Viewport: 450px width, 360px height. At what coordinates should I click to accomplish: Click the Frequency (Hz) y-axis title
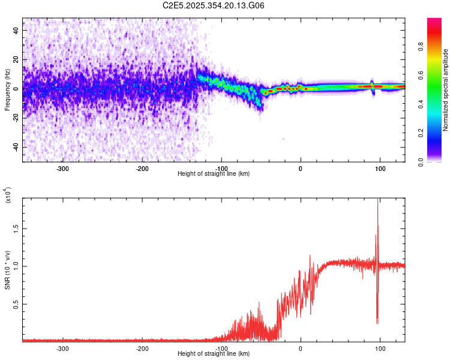pyautogui.click(x=7, y=89)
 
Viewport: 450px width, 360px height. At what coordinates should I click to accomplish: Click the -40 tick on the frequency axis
pyautogui.click(x=16, y=147)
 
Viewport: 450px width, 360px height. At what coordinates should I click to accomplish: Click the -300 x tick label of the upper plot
pyautogui.click(x=62, y=169)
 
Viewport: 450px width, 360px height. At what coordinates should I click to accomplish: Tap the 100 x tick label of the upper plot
pyautogui.click(x=380, y=169)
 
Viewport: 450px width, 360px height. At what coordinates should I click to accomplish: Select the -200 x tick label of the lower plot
pyautogui.click(x=142, y=348)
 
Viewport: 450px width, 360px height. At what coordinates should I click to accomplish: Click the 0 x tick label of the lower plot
pyautogui.click(x=301, y=348)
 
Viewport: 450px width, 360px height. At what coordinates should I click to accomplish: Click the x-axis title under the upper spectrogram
pyautogui.click(x=214, y=174)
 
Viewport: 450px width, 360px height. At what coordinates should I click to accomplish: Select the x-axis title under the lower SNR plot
pyautogui.click(x=214, y=353)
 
